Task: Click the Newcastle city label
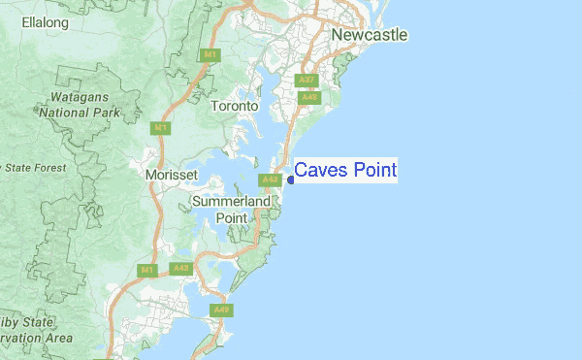369,35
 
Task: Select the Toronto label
235,105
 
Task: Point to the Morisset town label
171,175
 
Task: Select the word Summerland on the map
231,201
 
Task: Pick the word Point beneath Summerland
231,218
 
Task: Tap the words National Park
79,112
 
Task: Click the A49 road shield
221,311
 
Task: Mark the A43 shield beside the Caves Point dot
270,180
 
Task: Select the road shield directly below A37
309,97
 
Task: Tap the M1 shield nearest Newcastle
210,55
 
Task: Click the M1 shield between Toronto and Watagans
160,127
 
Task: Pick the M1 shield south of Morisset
147,270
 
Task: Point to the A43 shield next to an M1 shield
179,268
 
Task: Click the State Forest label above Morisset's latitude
33,168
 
